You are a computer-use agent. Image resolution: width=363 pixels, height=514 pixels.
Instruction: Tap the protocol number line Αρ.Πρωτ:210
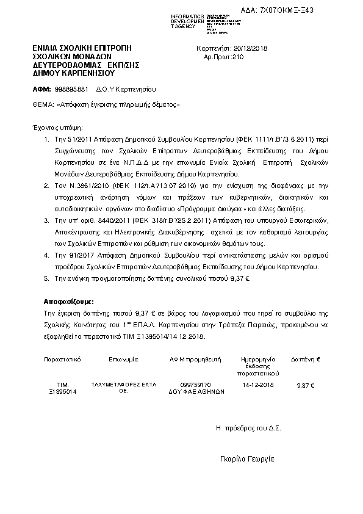(223, 57)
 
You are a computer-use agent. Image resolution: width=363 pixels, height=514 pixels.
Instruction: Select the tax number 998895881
(71, 89)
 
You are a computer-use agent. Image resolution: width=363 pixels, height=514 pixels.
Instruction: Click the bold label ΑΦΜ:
(42, 89)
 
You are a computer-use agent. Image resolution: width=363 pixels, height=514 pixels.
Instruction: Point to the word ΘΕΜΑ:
(43, 104)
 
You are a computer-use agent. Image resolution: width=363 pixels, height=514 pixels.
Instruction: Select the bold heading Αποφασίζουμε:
(68, 302)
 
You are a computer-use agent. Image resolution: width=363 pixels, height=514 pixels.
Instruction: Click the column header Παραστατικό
(62, 360)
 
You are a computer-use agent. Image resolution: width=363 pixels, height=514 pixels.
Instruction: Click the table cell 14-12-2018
(259, 386)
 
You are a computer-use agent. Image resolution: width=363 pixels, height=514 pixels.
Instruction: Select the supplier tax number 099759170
(196, 385)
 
